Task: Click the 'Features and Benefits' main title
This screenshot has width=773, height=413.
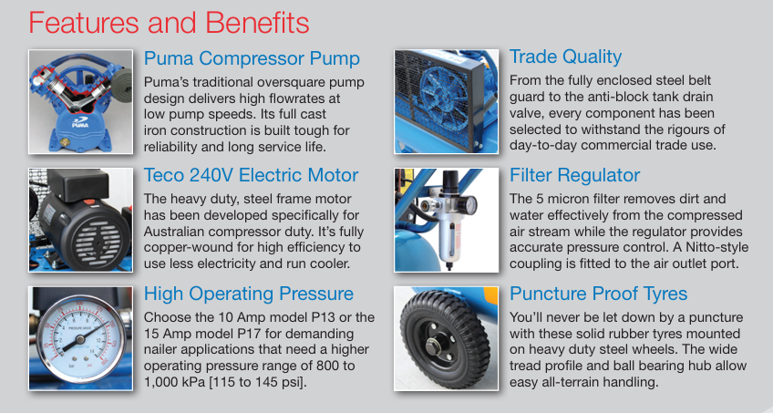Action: click(170, 23)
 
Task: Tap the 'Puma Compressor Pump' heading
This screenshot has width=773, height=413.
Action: click(252, 58)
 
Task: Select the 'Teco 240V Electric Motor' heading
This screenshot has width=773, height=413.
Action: click(251, 175)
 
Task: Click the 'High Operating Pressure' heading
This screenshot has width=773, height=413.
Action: click(249, 294)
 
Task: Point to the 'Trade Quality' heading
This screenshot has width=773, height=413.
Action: click(565, 57)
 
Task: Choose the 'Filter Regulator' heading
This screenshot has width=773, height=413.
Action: click(575, 175)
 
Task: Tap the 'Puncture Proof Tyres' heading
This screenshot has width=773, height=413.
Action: click(599, 294)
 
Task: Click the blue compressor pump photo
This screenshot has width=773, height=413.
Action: click(80, 101)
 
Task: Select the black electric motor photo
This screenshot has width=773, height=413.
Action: click(80, 220)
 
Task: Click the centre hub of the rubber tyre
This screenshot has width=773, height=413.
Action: click(432, 346)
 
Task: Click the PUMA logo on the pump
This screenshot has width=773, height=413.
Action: click(80, 122)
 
